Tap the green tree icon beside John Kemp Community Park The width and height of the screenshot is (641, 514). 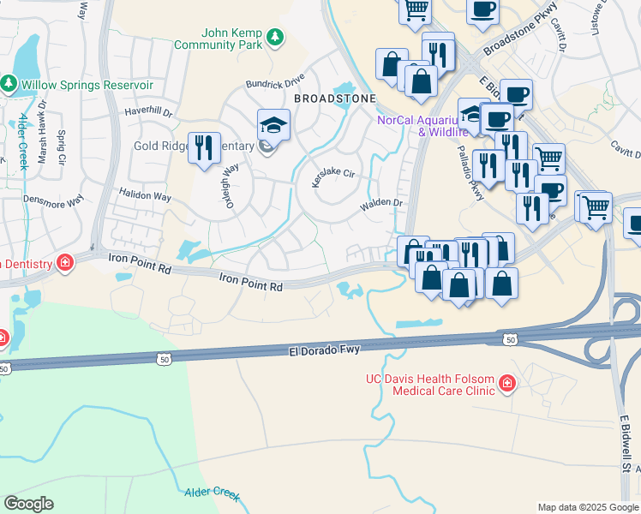pyautogui.click(x=274, y=37)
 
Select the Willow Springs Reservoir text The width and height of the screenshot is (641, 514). pyautogui.click(x=87, y=85)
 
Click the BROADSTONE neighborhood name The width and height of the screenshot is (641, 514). pyautogui.click(x=335, y=99)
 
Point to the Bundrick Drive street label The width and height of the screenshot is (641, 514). pyautogui.click(x=275, y=83)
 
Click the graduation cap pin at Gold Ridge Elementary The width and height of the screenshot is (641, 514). pyautogui.click(x=274, y=125)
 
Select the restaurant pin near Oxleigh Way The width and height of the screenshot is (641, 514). pyautogui.click(x=204, y=147)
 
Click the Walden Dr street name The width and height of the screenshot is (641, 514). pyautogui.click(x=381, y=204)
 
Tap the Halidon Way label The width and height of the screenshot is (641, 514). pyautogui.click(x=145, y=195)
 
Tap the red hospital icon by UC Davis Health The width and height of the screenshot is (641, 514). pyautogui.click(x=507, y=383)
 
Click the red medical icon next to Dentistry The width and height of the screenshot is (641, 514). pyautogui.click(x=64, y=262)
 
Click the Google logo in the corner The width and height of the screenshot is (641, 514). pyautogui.click(x=28, y=504)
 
